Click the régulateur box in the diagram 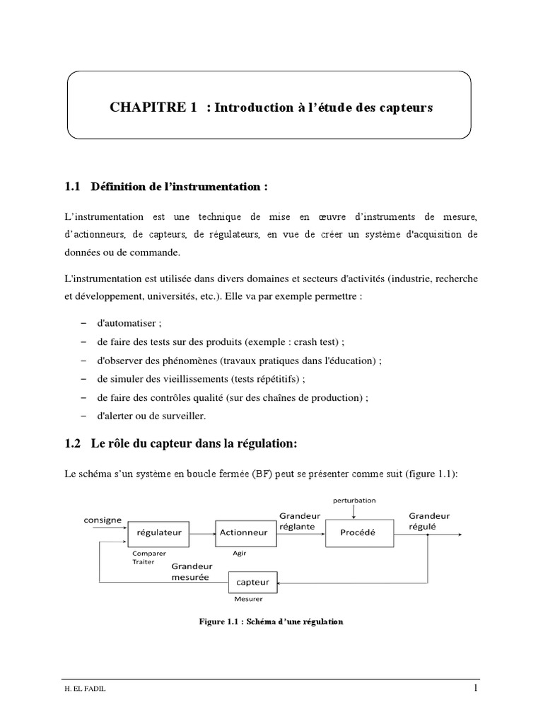pos(159,532)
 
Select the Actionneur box pos(244,532)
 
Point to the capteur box pos(253,582)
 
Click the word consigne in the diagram pos(103,520)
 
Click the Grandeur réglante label pos(300,521)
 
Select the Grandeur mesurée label pos(190,571)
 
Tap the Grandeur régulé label pos(426,521)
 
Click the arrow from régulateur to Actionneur pos(204,532)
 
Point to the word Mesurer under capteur pos(247,600)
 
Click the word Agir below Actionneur pos(239,554)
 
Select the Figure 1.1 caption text pos(271,622)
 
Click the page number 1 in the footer pos(476,688)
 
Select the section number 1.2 pos(73,444)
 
